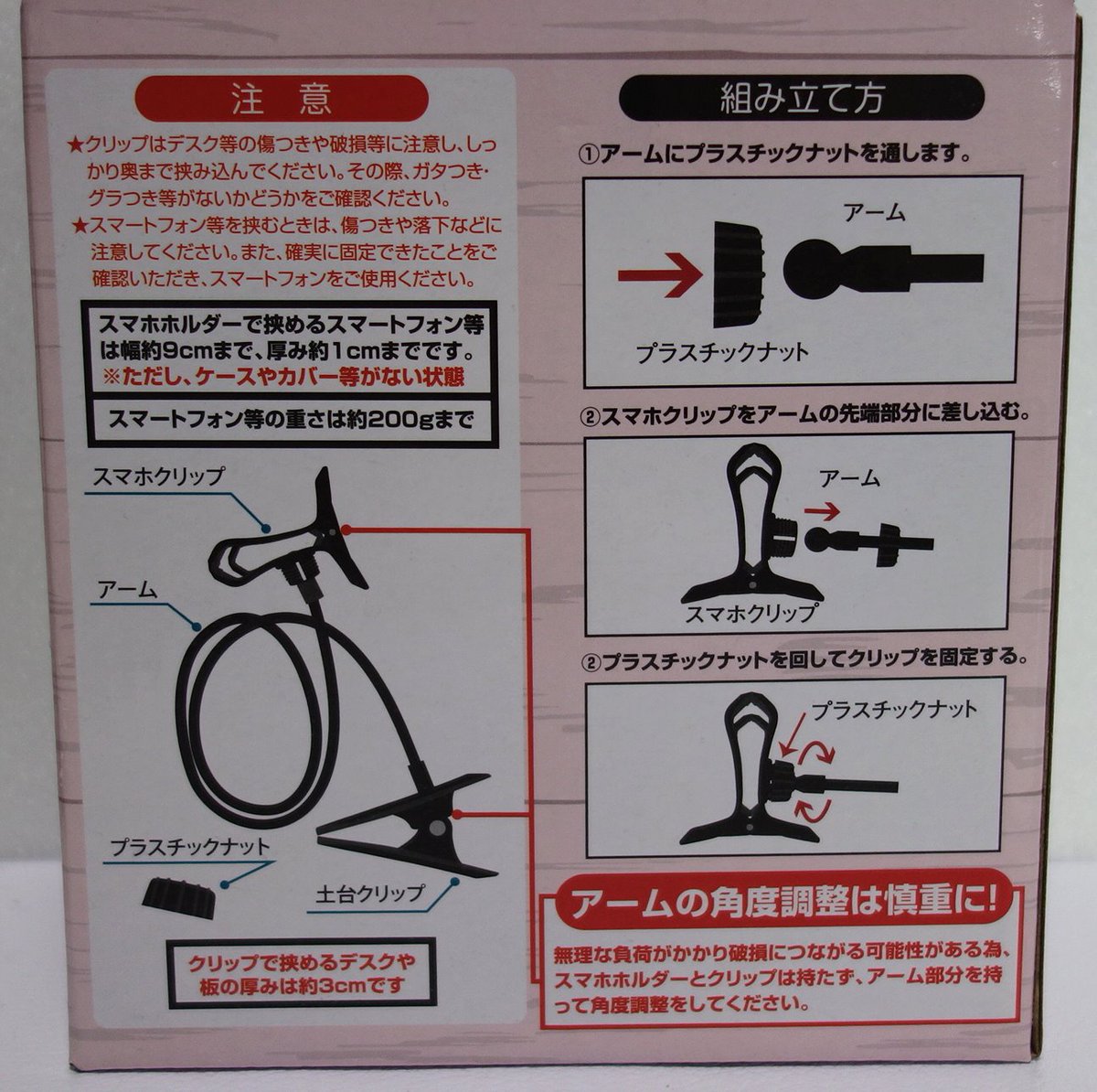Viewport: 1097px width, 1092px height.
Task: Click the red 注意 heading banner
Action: pyautogui.click(x=282, y=99)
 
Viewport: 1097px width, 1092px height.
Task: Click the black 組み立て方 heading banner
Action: pyautogui.click(x=802, y=98)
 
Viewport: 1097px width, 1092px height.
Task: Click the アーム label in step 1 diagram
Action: pyautogui.click(x=875, y=212)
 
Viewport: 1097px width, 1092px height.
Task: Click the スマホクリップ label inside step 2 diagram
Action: pyautogui.click(x=751, y=613)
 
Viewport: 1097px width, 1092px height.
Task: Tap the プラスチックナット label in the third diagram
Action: pyautogui.click(x=894, y=710)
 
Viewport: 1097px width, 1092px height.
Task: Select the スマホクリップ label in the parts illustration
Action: pyautogui.click(x=158, y=476)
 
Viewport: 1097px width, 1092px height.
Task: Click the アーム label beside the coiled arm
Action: pyautogui.click(x=126, y=590)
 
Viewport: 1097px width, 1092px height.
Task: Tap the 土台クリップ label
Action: pyautogui.click(x=370, y=892)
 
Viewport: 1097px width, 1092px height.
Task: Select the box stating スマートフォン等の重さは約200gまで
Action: pyautogui.click(x=291, y=420)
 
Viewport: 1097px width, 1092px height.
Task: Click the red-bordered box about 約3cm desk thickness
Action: pyautogui.click(x=302, y=970)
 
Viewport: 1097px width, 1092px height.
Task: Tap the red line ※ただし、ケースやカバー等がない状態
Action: pyautogui.click(x=282, y=377)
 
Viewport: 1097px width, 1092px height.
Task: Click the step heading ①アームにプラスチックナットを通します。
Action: pyautogui.click(x=774, y=154)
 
